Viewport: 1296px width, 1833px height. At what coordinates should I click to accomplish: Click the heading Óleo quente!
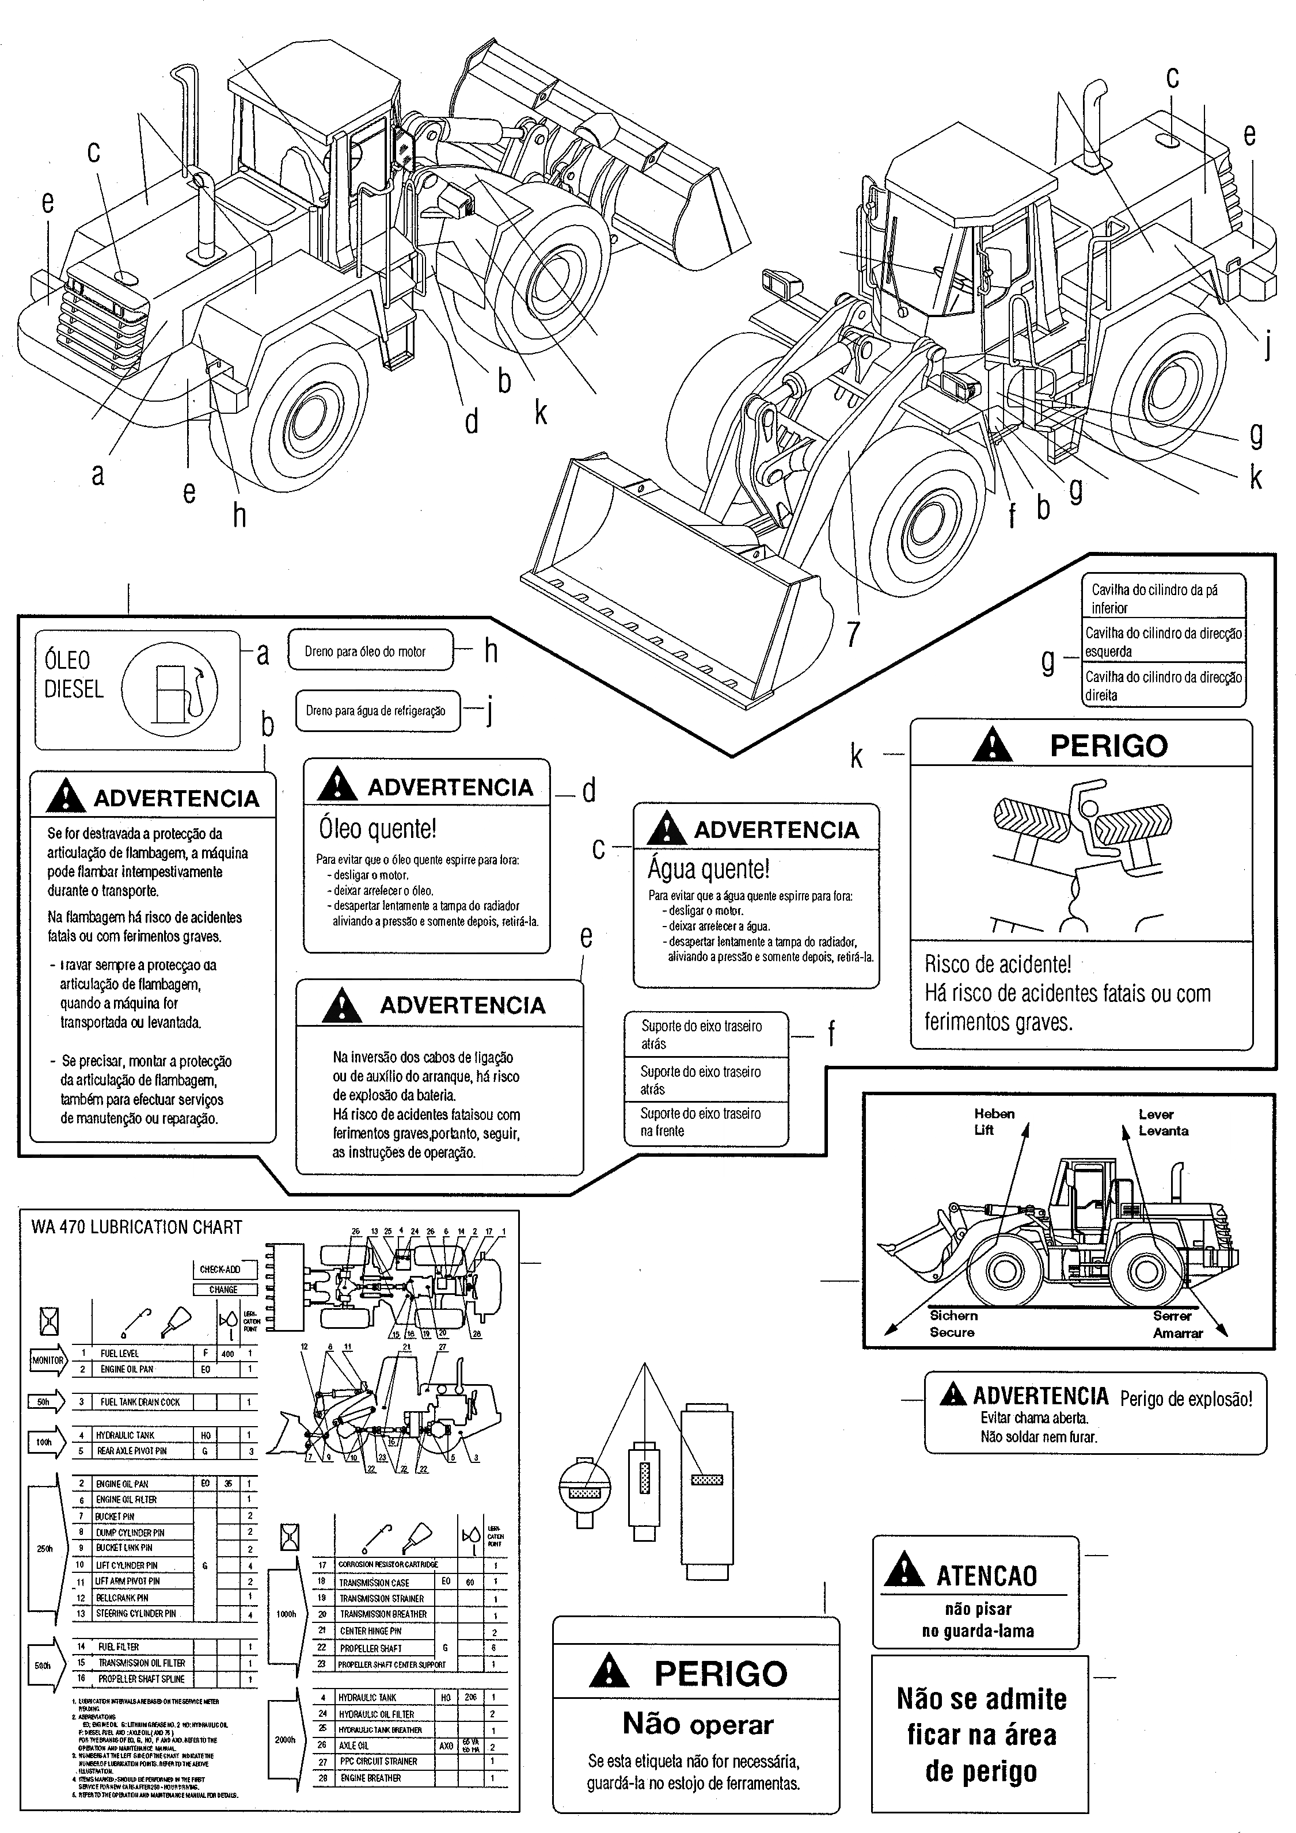tap(378, 829)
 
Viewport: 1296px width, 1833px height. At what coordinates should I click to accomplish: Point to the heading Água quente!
tap(708, 868)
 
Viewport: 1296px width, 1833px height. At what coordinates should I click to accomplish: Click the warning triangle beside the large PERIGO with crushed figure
tap(993, 746)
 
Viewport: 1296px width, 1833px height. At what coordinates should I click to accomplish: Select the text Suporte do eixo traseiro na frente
tap(700, 1122)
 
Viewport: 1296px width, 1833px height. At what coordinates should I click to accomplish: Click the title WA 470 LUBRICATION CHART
tap(136, 1227)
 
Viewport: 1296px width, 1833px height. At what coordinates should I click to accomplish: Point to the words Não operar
tap(697, 1724)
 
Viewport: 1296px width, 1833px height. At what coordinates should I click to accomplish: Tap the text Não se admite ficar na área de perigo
tap(980, 1735)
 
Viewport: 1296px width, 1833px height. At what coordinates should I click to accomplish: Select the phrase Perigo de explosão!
tap(1185, 1398)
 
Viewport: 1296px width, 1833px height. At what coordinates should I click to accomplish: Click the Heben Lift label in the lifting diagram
tap(993, 1122)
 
